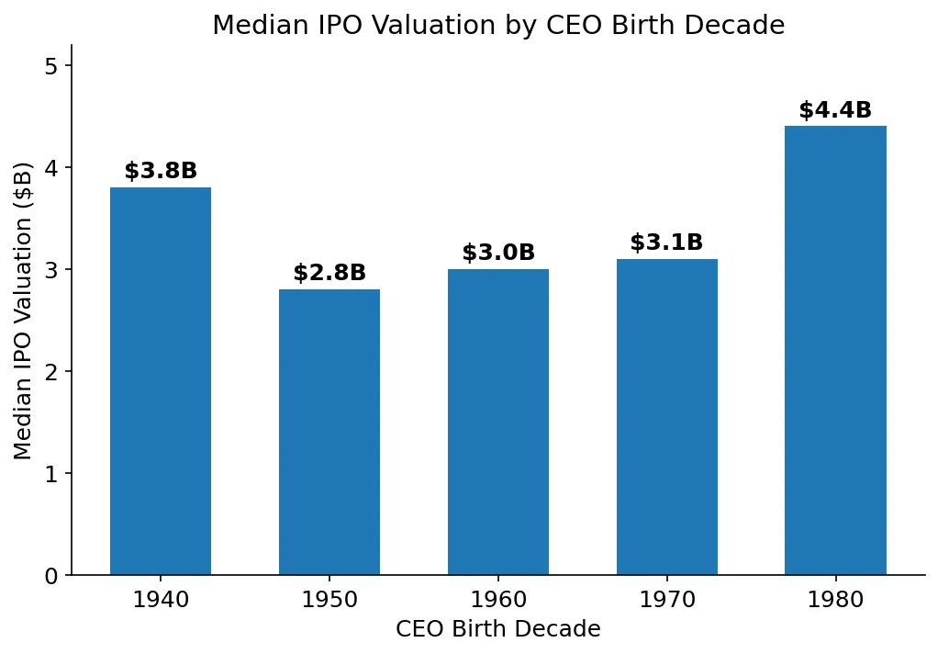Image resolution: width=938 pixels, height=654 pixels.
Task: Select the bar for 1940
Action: click(161, 381)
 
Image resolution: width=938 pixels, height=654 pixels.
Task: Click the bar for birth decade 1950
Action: click(329, 432)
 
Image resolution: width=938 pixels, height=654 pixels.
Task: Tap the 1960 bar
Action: click(498, 423)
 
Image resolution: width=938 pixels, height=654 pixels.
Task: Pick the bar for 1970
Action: click(667, 417)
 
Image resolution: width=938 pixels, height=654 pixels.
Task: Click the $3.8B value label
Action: click(161, 172)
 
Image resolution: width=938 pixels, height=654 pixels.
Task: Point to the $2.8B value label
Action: click(329, 274)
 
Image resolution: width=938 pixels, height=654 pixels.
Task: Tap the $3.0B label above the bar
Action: click(498, 254)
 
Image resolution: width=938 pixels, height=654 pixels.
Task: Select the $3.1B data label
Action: click(667, 243)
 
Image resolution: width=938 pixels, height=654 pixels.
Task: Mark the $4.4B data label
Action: click(835, 111)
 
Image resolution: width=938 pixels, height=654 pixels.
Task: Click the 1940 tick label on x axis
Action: click(161, 601)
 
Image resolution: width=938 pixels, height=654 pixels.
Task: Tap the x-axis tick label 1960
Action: click(498, 601)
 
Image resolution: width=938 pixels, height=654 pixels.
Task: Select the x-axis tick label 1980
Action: click(835, 601)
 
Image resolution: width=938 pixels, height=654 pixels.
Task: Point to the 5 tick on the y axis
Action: click(51, 66)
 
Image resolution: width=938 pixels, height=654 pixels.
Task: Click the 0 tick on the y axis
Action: click(51, 576)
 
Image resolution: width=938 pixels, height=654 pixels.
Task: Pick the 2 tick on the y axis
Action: click(51, 372)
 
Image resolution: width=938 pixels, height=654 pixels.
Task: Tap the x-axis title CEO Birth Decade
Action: click(498, 630)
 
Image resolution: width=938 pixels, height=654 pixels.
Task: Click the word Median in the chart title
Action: click(251, 26)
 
